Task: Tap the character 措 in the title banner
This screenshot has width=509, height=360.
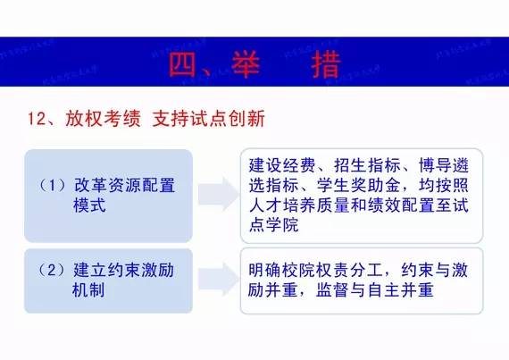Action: [332, 63]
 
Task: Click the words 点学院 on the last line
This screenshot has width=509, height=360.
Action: [274, 227]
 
